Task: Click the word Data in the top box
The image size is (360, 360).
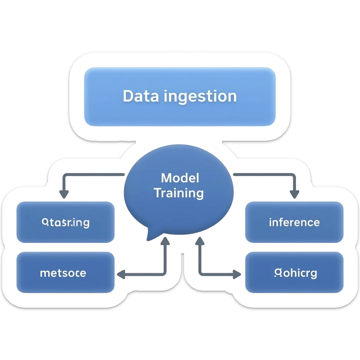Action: point(140,96)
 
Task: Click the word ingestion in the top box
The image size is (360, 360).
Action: point(200,97)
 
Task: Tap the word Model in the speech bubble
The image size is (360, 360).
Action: point(180,178)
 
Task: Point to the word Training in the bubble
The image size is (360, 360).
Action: point(179,193)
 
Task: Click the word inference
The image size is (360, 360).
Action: point(294,222)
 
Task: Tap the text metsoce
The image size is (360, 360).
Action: point(63,273)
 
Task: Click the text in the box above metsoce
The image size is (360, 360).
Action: point(66,223)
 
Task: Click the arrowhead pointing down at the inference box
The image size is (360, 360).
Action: point(294,195)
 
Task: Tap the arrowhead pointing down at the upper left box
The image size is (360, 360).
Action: point(64,195)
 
